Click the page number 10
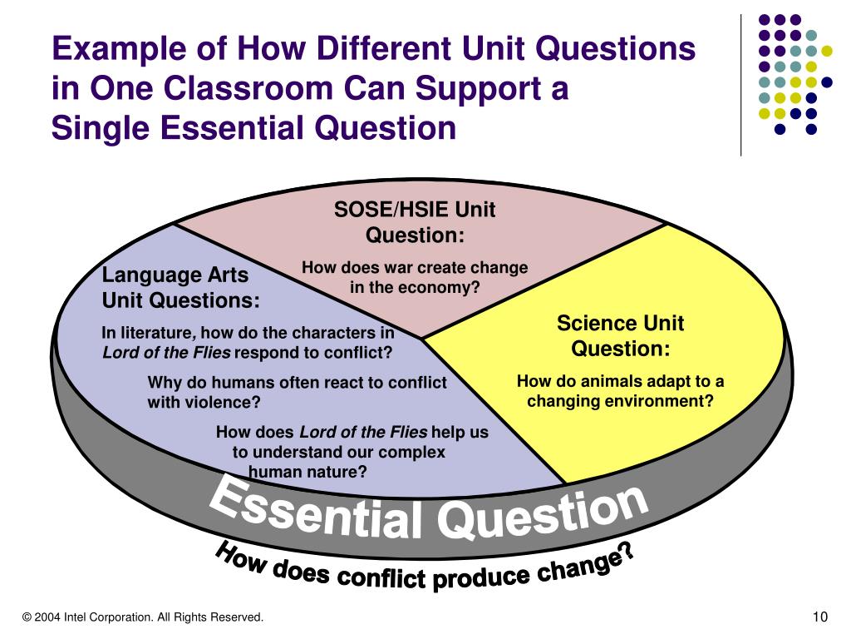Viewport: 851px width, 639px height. [x=820, y=617]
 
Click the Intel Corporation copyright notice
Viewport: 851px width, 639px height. [x=143, y=617]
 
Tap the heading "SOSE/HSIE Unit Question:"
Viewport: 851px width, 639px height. [x=414, y=222]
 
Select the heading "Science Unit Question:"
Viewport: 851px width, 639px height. [x=620, y=335]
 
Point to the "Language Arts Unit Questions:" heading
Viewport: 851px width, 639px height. [x=180, y=287]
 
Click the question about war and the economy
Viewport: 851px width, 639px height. [x=414, y=278]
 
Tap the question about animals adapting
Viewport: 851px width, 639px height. [x=620, y=391]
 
